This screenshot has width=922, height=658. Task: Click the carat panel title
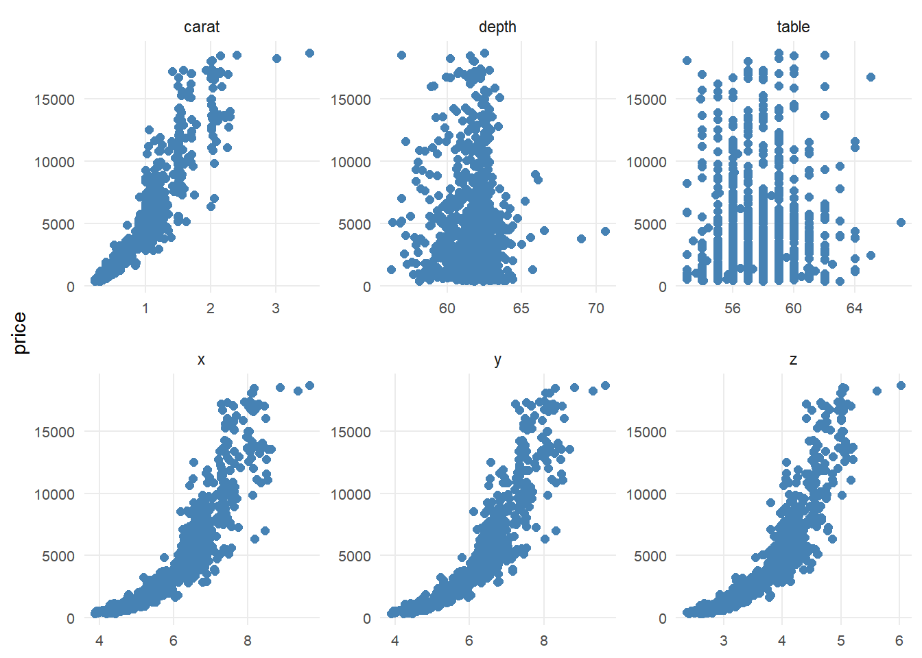[202, 27]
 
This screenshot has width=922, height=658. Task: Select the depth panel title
[497, 27]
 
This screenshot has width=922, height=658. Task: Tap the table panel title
[793, 27]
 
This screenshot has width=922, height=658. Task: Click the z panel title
[793, 360]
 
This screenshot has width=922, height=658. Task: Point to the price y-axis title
[20, 333]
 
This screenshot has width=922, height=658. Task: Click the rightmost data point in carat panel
[309, 53]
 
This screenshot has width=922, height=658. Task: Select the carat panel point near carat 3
[276, 58]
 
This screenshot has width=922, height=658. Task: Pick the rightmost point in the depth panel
[605, 231]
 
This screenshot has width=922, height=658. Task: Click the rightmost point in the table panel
[901, 222]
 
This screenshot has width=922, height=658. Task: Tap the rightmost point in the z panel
[901, 386]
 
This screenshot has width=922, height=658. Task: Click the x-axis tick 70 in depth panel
[595, 308]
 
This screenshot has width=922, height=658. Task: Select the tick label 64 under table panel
[854, 308]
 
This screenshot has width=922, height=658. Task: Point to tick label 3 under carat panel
[276, 308]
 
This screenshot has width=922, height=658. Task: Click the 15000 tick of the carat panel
[54, 99]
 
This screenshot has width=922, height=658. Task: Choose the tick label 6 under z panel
[899, 641]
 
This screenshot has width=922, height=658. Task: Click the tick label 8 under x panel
[248, 641]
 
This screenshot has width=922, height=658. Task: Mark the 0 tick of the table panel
[662, 287]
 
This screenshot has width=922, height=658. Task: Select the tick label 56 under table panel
[733, 308]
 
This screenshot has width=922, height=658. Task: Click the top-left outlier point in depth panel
[401, 55]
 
